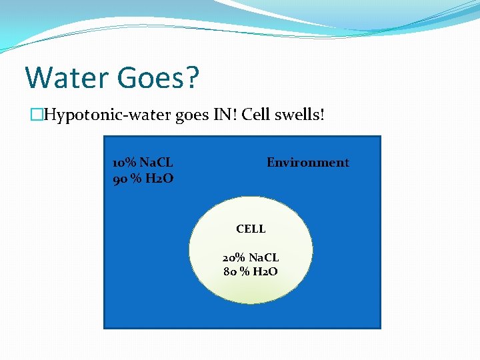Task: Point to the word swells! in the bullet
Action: [x=300, y=115]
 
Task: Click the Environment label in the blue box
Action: [x=307, y=162]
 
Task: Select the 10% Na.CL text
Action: [x=143, y=162]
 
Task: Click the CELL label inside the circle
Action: [x=251, y=229]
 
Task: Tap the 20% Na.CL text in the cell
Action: [x=251, y=257]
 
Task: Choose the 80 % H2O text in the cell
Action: [x=251, y=271]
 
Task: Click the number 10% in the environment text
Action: [x=125, y=162]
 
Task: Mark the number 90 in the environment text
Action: [x=120, y=178]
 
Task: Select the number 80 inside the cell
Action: [x=231, y=271]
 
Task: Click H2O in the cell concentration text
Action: [x=265, y=271]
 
